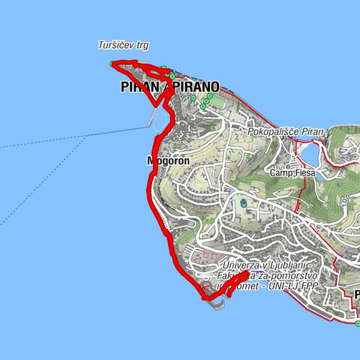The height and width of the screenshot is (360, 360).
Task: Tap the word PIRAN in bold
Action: click(139, 87)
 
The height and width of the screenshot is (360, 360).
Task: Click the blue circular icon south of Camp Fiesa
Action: click(244, 202)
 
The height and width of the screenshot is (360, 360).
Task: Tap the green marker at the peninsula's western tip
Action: click(112, 63)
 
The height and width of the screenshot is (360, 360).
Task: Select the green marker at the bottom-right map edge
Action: click(358, 323)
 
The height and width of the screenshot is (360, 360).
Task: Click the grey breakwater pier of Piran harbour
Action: click(156, 117)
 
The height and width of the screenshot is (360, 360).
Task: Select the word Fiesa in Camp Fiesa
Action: click(303, 172)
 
